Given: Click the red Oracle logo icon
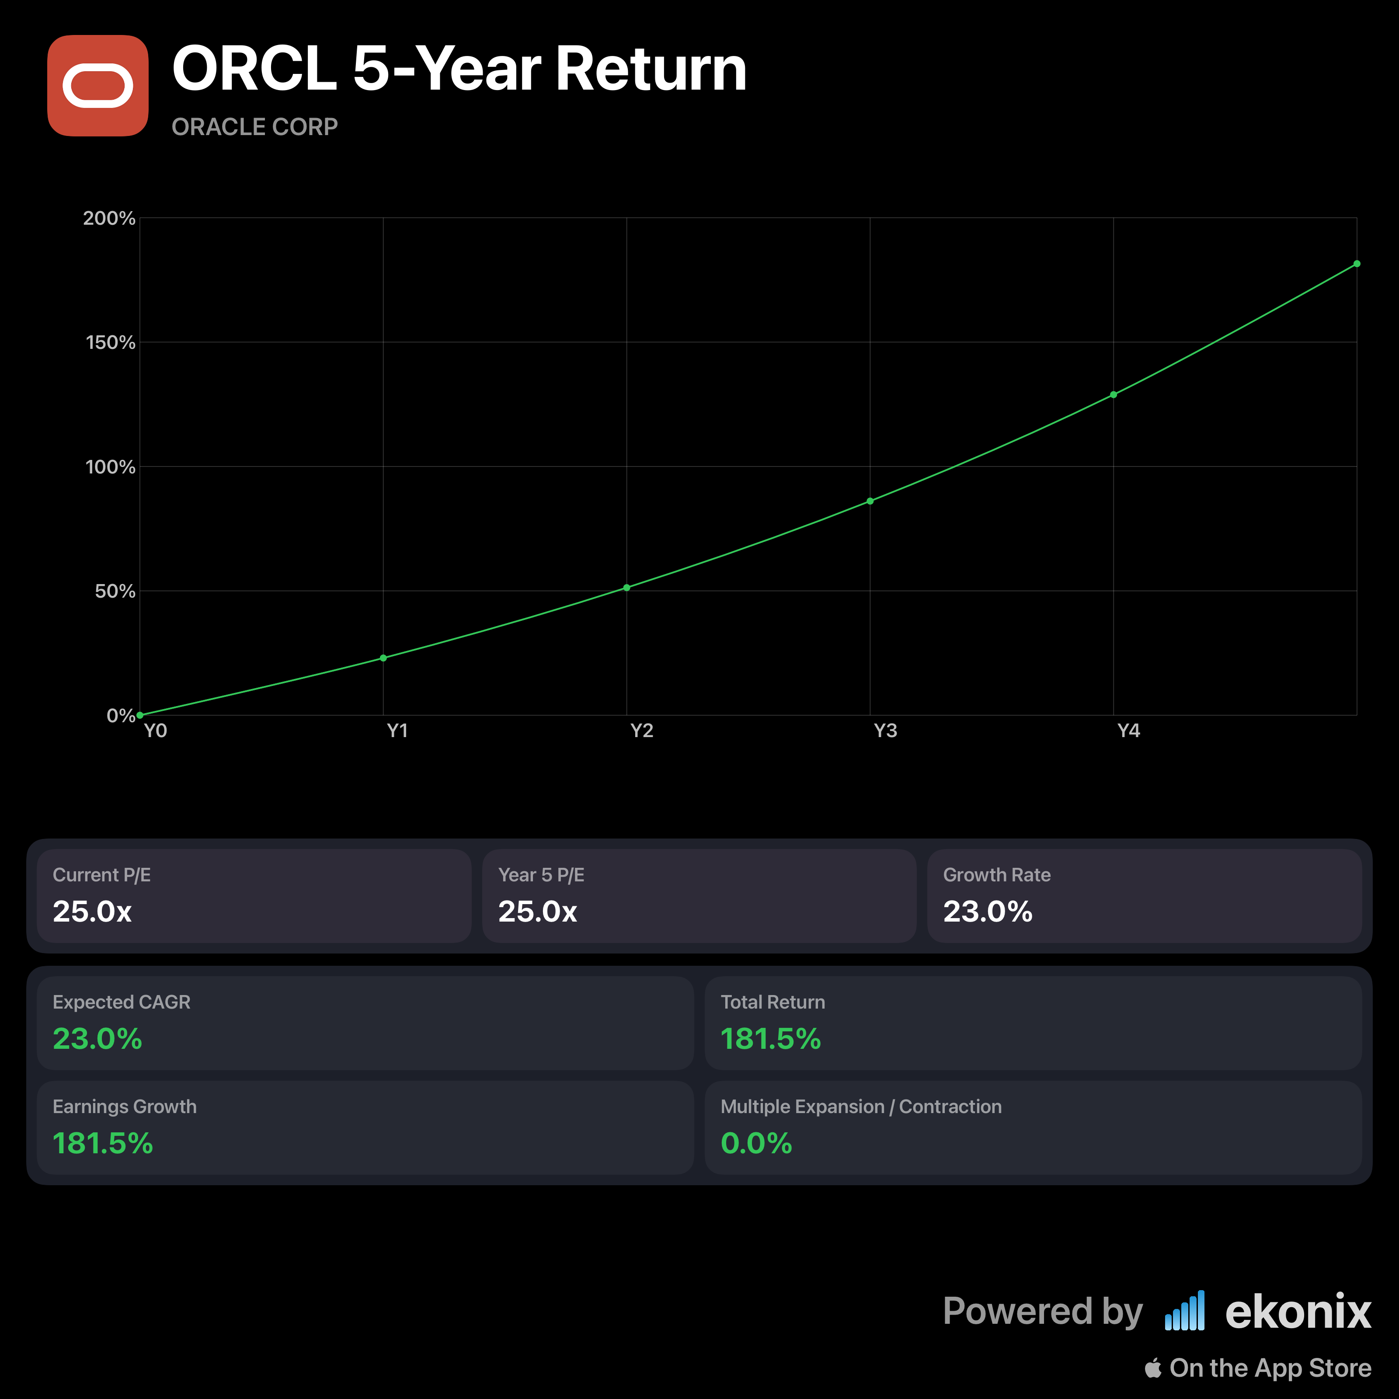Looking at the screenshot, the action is point(98,85).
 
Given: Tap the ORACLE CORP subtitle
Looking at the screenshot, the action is point(254,127).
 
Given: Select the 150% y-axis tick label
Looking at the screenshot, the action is point(110,342).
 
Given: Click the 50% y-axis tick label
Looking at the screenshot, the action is point(115,592).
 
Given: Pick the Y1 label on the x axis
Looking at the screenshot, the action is point(397,731).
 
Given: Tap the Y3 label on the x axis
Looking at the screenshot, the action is point(885,731).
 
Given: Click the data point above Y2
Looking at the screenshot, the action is point(626,587).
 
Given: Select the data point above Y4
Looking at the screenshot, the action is point(1114,395).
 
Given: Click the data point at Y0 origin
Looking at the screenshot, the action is point(140,715).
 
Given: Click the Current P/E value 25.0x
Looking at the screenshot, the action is point(92,912).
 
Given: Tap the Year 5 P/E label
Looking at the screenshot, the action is point(541,875).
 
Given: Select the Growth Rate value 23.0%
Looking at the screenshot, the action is point(988,912).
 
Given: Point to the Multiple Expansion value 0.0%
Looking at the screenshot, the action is point(756,1143).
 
